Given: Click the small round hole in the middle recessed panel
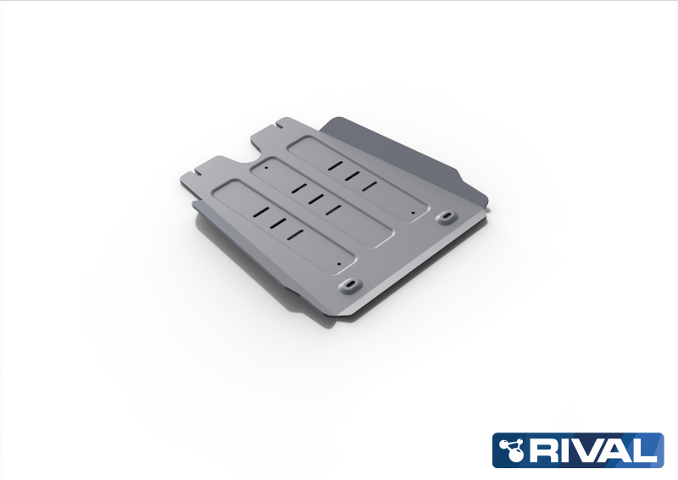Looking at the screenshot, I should (x=266, y=167).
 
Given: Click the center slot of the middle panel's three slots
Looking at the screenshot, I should (x=314, y=198).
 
